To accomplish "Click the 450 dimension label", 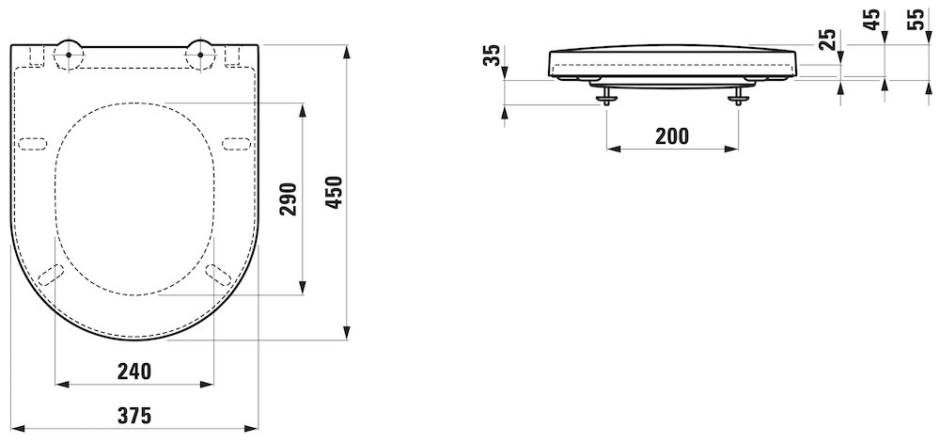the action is pos(336,192).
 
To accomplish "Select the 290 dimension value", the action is pos(289,199).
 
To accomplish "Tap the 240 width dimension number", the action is pos(134,372).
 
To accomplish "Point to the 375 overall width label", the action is pos(134,416).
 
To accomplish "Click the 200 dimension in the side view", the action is pos(672,136).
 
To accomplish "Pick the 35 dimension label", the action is pos(492,55).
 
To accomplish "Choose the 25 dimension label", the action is pos(827,40).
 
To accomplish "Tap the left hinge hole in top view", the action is pos(69,54).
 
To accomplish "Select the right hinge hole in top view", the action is pos(200,54).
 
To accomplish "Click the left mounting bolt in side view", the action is pos(607,95).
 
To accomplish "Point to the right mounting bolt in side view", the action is pos(738,95).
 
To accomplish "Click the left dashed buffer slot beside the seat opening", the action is pos(33,144).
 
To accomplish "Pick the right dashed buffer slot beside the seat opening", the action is pos(236,144).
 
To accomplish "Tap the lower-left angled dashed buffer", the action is pos(51,275).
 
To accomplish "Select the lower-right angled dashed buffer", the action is pos(218,275).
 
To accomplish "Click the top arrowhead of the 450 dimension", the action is pos(347,52).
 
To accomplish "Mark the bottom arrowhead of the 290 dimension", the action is pos(302,288).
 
